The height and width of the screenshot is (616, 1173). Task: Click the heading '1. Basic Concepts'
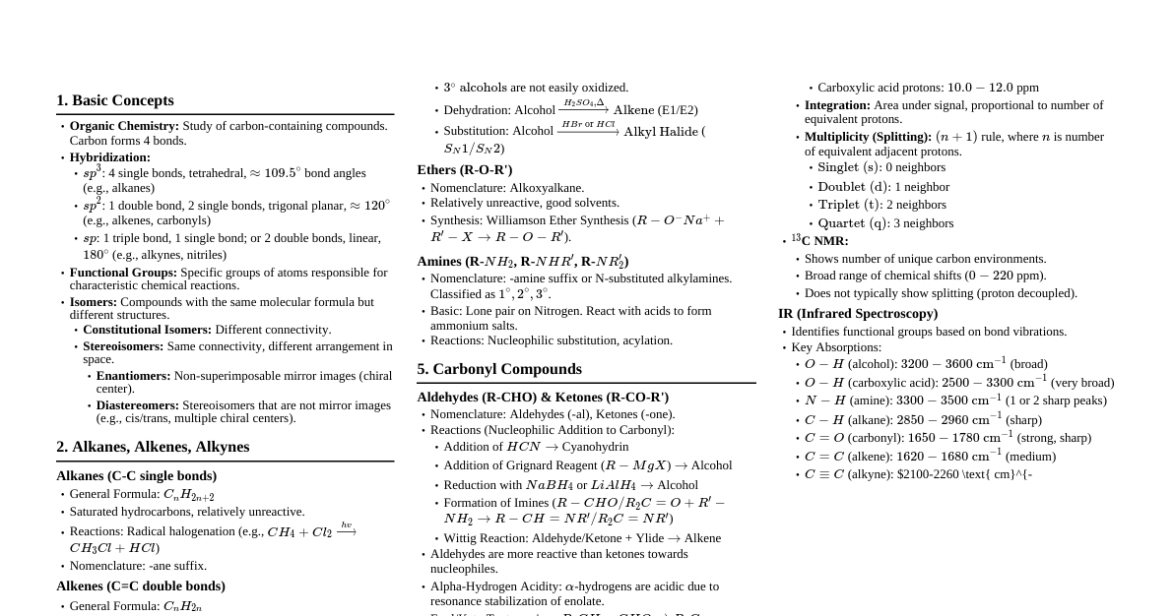tap(114, 100)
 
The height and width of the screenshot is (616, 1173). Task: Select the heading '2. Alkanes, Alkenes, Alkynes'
tap(153, 447)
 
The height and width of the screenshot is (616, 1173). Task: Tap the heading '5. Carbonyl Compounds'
tap(499, 369)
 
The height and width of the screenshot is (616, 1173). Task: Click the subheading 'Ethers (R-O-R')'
tap(464, 170)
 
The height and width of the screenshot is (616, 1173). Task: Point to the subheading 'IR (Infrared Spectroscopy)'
tap(858, 314)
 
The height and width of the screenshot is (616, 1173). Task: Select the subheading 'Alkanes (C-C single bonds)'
tap(136, 476)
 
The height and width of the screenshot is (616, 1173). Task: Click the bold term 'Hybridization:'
tap(109, 157)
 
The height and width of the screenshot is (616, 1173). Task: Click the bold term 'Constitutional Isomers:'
tap(147, 330)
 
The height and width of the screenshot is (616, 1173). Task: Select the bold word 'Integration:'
tap(837, 105)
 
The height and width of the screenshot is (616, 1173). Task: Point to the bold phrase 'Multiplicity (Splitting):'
tap(868, 137)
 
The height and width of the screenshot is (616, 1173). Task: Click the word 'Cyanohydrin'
tap(595, 447)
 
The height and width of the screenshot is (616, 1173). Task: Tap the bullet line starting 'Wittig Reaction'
tap(581, 538)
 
